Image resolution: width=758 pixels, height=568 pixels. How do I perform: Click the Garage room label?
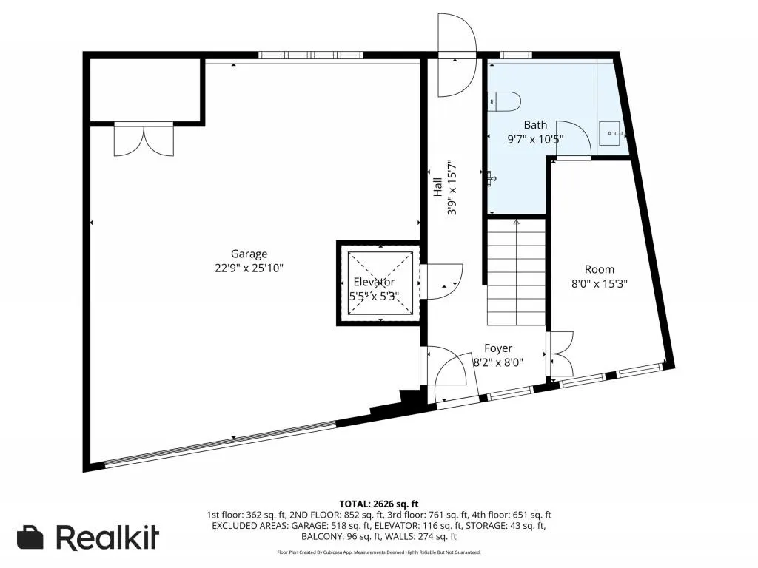click(249, 254)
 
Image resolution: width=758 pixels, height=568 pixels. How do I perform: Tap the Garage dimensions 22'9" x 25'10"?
click(249, 268)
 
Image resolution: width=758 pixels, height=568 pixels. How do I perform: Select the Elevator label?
click(374, 282)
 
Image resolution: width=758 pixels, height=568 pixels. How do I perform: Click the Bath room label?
click(536, 125)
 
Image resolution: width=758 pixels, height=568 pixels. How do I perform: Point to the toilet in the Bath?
click(504, 101)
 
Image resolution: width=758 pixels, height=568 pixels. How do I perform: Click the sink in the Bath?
click(611, 133)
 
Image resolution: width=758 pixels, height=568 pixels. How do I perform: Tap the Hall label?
click(437, 187)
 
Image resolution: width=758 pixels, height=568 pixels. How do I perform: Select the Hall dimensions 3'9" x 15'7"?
click(452, 187)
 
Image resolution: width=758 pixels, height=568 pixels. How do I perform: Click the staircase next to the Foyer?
click(516, 272)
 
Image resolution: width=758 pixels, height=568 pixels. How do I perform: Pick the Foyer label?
click(498, 348)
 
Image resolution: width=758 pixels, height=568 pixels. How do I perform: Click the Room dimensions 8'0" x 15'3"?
click(600, 283)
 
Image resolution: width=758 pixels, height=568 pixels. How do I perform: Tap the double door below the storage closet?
click(144, 140)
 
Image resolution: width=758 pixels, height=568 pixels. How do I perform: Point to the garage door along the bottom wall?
click(220, 444)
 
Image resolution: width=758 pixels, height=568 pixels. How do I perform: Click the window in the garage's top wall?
click(311, 55)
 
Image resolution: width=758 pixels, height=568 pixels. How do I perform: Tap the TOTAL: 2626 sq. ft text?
click(378, 504)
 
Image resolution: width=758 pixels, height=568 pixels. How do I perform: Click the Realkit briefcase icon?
click(30, 537)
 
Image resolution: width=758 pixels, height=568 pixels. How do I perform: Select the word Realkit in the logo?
click(107, 537)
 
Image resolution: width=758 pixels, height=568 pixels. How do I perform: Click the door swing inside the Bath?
click(574, 139)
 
